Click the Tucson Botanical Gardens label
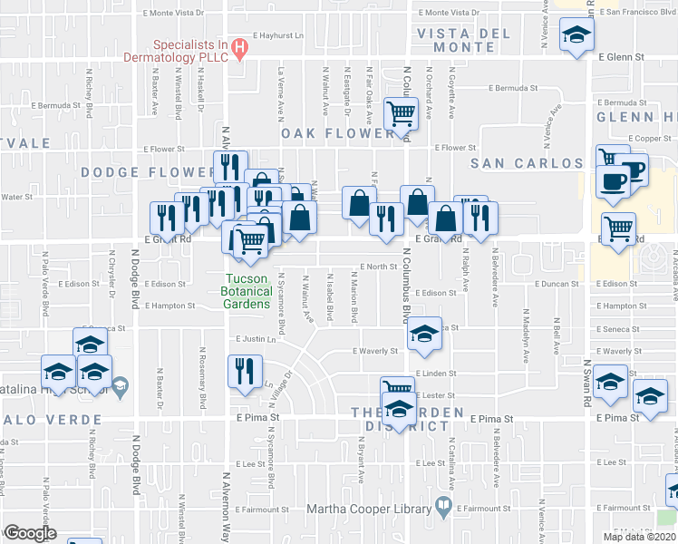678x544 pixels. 247,291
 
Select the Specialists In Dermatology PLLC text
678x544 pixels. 174,51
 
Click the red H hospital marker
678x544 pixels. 239,47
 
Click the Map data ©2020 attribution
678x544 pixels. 639,537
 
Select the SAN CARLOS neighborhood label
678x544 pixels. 527,163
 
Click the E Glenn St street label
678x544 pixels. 621,56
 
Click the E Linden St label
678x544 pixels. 436,373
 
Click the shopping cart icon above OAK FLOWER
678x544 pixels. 401,113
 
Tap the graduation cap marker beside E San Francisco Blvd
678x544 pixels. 575,36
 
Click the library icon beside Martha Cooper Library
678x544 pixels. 443,508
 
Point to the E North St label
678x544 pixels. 379,267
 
